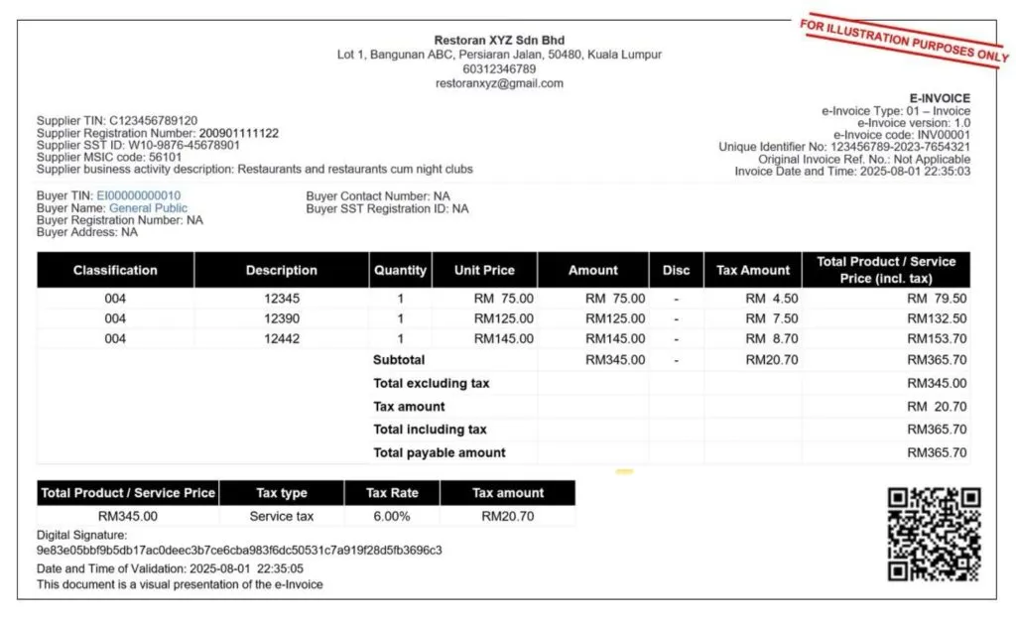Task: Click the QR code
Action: tap(934, 533)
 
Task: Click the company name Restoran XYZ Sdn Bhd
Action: tap(499, 41)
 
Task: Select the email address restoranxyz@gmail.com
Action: tap(499, 83)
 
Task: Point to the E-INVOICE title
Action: tap(940, 98)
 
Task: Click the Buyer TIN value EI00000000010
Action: tap(139, 195)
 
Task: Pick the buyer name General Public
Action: tap(148, 208)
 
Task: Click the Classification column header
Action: tap(115, 270)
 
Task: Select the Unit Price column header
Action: tap(484, 270)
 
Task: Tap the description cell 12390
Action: tap(282, 318)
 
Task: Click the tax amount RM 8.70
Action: tap(771, 338)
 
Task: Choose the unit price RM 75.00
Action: tap(503, 298)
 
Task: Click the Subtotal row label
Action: tap(399, 360)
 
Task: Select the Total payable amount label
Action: tap(439, 452)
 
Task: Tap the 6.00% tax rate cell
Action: tap(391, 516)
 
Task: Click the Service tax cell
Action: tap(281, 516)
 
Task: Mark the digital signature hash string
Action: tap(239, 550)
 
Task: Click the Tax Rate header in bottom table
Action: tap(391, 493)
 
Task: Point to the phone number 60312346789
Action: tap(499, 69)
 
